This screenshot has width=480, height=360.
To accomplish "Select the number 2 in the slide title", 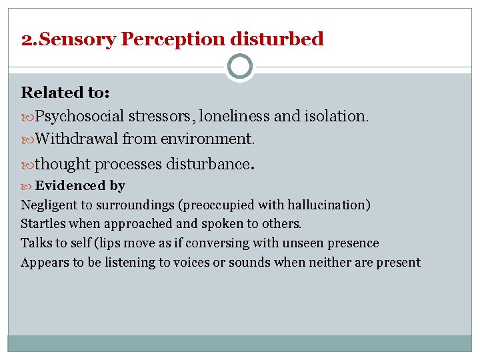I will [x=25, y=39].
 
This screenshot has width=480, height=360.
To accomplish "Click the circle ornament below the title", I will [x=240, y=67].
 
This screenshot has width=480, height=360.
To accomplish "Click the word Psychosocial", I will [x=79, y=116].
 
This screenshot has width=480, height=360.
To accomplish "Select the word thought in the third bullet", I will [x=63, y=163].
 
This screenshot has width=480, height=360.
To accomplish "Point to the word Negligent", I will [x=49, y=205].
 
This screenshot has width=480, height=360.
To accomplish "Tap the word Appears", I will [x=44, y=262].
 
